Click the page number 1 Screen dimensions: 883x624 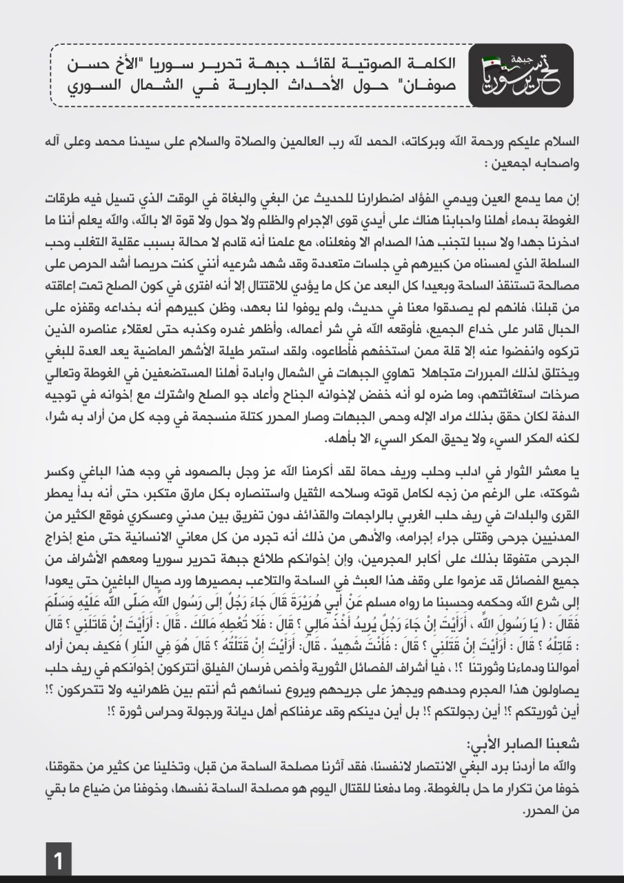pyautogui.click(x=59, y=862)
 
